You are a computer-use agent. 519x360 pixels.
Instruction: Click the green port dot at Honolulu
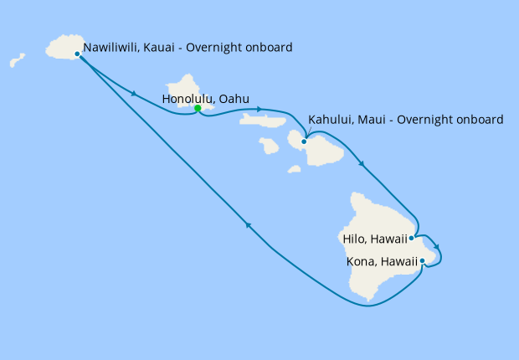pyautogui.click(x=198, y=108)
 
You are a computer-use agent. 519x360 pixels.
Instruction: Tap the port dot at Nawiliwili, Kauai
pyautogui.click(x=77, y=54)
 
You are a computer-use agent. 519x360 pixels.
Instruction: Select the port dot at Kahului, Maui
pyautogui.click(x=305, y=141)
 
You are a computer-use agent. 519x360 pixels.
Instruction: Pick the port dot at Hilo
pyautogui.click(x=411, y=238)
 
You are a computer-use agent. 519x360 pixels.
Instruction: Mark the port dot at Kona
pyautogui.click(x=423, y=261)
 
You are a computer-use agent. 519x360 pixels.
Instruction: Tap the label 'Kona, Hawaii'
pyautogui.click(x=382, y=261)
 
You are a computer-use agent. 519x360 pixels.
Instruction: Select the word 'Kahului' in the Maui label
pyautogui.click(x=330, y=120)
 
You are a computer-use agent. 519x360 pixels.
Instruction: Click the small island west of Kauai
pyautogui.click(x=17, y=60)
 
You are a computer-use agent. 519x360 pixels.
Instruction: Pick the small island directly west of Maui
pyautogui.click(x=269, y=146)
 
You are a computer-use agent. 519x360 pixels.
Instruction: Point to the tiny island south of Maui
pyautogui.click(x=294, y=169)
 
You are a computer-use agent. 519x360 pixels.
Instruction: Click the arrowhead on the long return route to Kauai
pyautogui.click(x=247, y=224)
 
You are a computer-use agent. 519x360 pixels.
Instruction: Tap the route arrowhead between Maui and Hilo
pyautogui.click(x=361, y=163)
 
